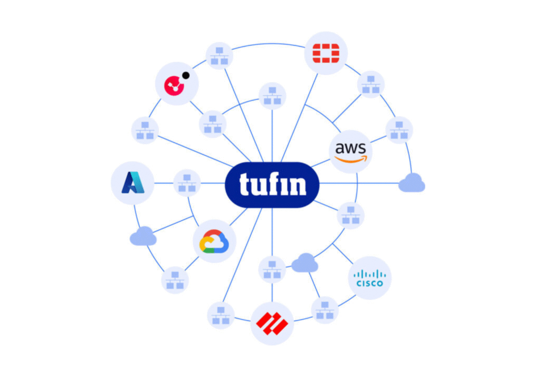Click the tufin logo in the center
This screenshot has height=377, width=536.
click(x=272, y=185)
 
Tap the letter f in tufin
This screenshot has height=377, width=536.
click(x=271, y=184)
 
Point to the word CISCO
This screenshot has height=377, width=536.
click(x=370, y=283)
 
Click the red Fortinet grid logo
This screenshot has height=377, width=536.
click(x=326, y=53)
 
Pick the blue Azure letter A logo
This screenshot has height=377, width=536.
click(x=132, y=182)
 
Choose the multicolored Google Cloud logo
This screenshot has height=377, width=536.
click(x=214, y=241)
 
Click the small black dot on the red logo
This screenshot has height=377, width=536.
click(x=186, y=75)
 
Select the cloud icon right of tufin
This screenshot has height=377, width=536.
click(x=411, y=182)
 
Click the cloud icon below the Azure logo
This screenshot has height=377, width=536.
click(x=143, y=236)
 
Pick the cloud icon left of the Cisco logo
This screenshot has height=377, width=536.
click(x=305, y=262)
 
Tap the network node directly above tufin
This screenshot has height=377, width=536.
click(x=272, y=96)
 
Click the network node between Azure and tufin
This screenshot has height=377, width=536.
click(x=187, y=182)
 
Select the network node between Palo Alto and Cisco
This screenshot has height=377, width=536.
click(x=325, y=310)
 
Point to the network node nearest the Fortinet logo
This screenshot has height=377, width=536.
click(x=371, y=84)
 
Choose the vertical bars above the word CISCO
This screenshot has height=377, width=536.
click(x=370, y=274)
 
